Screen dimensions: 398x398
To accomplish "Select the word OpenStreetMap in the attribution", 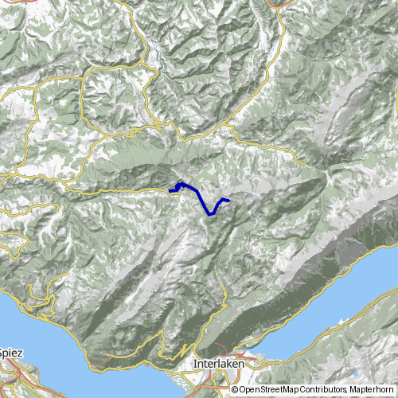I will (272, 390).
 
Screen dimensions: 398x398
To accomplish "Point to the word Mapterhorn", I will (375, 390).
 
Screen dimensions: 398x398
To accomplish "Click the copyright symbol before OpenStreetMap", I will (236, 390).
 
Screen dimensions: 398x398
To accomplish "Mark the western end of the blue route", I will (170, 191).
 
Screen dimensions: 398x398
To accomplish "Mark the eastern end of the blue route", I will (228, 199).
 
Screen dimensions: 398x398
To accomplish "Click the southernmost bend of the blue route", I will (209, 214).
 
